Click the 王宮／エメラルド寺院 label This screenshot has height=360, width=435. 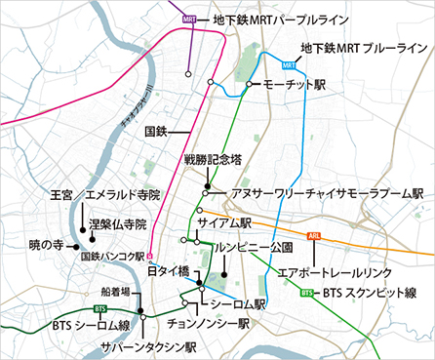click(x=105, y=195)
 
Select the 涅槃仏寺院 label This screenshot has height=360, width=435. click(x=117, y=223)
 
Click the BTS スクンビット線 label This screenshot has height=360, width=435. click(x=369, y=292)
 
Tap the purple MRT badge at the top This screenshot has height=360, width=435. click(x=189, y=19)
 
